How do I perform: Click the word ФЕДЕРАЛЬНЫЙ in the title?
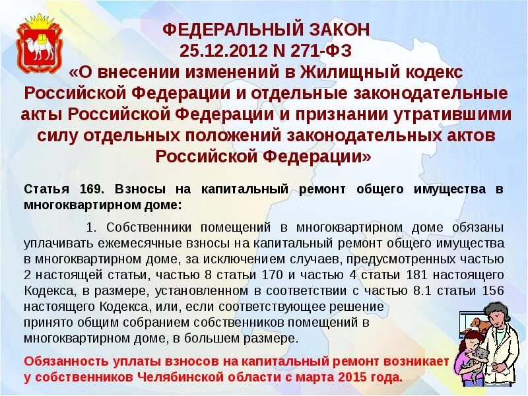tap(224, 30)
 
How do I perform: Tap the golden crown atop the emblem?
tap(40, 20)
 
